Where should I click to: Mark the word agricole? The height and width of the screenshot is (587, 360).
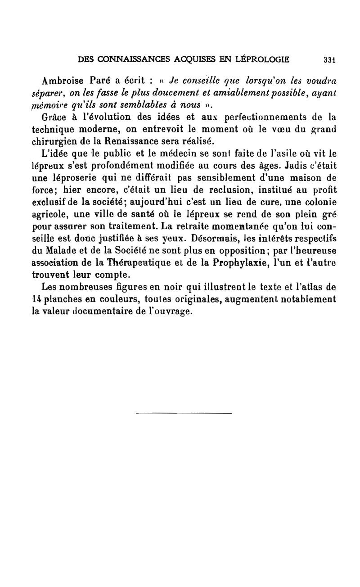49,211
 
